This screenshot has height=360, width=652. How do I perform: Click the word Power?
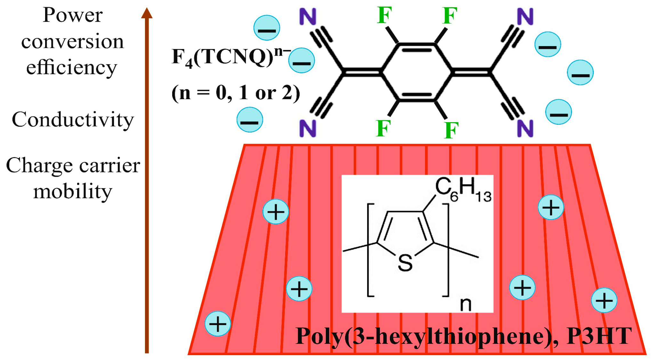pos(73,15)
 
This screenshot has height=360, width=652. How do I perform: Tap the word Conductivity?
pos(73,120)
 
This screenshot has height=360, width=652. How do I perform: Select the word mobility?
pos(73,192)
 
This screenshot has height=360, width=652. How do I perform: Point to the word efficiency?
pos(72,68)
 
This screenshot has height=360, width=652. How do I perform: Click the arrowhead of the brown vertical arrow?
pos(147,13)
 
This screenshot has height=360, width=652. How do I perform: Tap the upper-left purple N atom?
pos(308,17)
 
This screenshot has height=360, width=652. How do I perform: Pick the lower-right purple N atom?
pos(525,128)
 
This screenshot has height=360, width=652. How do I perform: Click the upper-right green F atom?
pos(450,16)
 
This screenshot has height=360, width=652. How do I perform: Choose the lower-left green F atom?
pos(383,128)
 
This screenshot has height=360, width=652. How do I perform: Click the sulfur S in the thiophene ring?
pos(405,263)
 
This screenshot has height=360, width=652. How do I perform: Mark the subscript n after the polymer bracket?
pos(465,305)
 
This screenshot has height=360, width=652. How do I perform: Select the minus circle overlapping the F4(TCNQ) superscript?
pos(302,60)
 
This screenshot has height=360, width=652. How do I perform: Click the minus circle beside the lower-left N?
pos(250,120)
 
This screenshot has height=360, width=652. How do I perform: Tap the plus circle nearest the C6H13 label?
pos(551,207)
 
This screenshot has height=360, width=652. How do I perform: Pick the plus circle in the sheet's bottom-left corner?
pos(218,324)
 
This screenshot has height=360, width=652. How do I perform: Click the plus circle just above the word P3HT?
pos(604,300)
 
